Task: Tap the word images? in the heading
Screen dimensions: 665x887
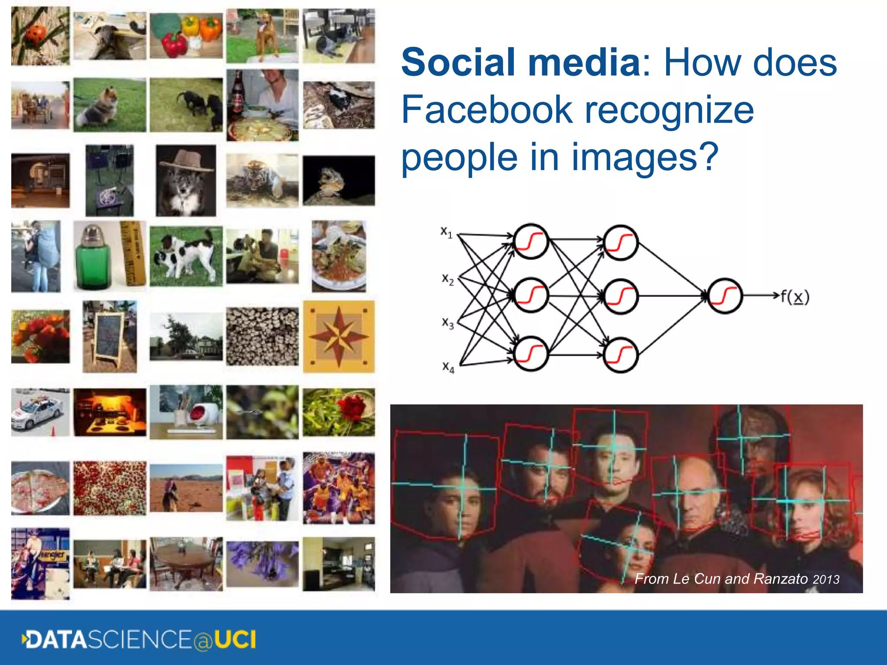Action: point(645,158)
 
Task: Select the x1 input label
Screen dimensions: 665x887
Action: point(447,232)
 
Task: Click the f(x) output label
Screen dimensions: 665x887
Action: point(795,297)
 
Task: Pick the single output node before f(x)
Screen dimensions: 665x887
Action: point(725,296)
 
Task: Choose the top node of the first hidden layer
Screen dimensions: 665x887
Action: point(531,242)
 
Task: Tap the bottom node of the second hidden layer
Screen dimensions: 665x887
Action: point(621,355)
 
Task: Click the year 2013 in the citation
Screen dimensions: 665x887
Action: point(826,580)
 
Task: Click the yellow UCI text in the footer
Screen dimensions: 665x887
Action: point(235,640)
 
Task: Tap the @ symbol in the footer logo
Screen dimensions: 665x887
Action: point(203,641)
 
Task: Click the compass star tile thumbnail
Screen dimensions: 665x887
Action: point(339,336)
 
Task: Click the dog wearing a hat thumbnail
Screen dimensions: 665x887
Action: point(186,181)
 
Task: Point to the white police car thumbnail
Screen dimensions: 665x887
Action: point(40,412)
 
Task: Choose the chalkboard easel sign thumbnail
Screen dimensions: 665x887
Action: point(110,337)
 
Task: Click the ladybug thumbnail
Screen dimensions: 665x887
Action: point(40,36)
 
